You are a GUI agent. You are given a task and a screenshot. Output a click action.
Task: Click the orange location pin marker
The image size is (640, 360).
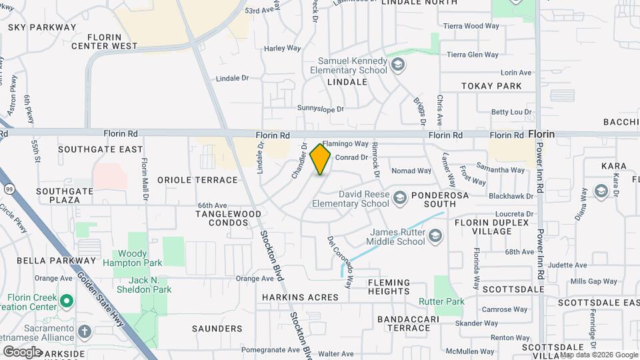click(x=321, y=159)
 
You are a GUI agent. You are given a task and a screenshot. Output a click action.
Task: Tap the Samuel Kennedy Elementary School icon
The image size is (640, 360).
click(x=398, y=65)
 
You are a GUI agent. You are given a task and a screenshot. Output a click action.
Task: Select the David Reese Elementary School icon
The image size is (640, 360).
click(x=399, y=198)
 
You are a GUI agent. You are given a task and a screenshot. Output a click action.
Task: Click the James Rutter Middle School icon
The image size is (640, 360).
click(x=435, y=236)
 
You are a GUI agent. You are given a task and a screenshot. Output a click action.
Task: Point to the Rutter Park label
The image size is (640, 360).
click(x=441, y=302)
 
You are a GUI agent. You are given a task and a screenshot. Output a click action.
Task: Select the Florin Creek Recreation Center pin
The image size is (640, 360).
click(x=66, y=301)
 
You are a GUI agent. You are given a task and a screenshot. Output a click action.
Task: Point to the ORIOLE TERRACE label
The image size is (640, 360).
click(x=197, y=180)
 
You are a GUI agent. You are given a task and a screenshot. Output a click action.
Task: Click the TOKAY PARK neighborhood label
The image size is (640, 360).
click(x=491, y=86)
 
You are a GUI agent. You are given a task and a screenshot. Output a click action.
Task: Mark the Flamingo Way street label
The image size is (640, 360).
click(x=345, y=144)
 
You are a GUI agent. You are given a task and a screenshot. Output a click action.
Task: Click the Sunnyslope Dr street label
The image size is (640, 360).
click(x=320, y=108)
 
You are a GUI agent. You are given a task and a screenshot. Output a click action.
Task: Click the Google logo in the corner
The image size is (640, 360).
click(x=22, y=352)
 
